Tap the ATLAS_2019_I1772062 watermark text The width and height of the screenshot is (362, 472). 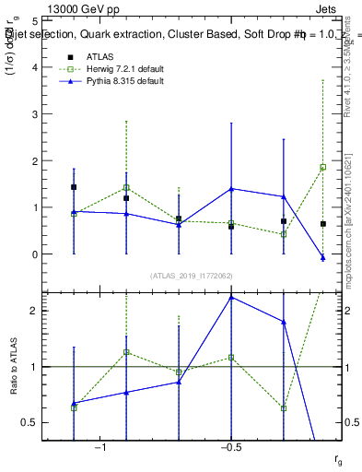coord(193,275)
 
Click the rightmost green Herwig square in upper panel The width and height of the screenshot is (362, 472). coord(323,167)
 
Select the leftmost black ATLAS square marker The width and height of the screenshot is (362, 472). coord(74,187)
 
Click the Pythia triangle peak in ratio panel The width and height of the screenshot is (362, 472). coord(231,297)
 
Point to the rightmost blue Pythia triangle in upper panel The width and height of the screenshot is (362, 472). coord(323,258)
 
